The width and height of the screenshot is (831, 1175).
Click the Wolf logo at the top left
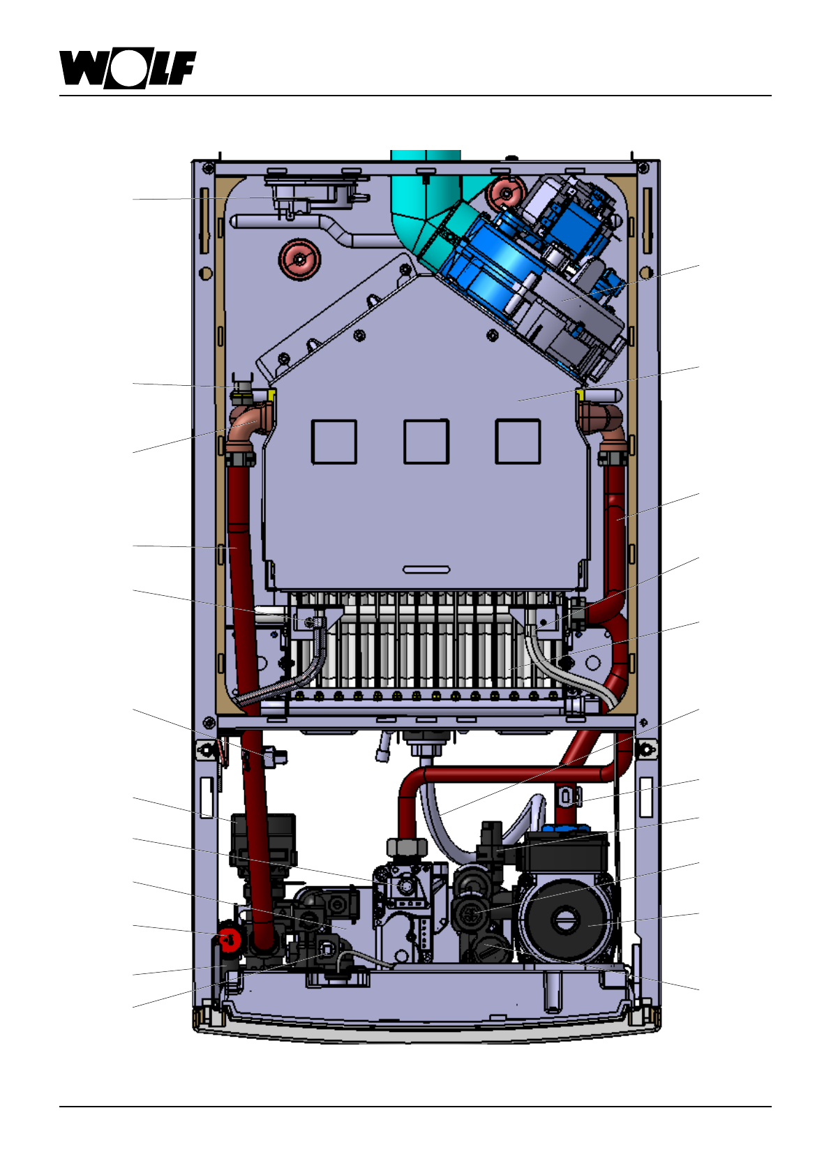click(x=127, y=69)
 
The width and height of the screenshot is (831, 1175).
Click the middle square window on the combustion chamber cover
click(x=426, y=442)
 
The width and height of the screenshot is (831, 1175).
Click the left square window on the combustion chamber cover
click(x=334, y=442)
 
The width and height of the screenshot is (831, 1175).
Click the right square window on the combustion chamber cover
click(x=518, y=442)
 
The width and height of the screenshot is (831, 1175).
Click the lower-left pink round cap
click(x=299, y=259)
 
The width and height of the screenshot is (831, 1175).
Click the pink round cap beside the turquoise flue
click(x=506, y=194)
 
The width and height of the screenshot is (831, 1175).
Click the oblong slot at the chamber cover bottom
click(x=426, y=570)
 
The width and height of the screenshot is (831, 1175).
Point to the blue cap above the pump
click(x=565, y=830)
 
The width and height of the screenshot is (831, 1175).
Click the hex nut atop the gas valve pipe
click(x=407, y=848)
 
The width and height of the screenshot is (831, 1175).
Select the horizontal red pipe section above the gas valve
click(x=509, y=774)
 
